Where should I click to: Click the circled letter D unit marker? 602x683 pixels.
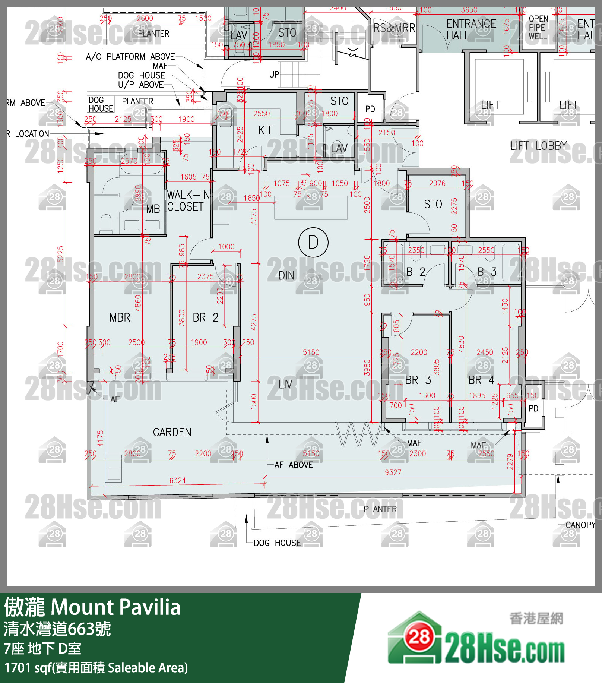(313, 242)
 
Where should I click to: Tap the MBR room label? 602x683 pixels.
(120, 317)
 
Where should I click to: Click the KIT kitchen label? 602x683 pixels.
(265, 130)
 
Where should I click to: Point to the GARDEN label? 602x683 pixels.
(172, 432)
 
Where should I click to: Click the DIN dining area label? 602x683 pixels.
(286, 275)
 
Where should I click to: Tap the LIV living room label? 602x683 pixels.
(285, 384)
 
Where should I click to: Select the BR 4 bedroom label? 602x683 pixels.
(481, 380)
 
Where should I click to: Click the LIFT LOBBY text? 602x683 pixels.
(538, 146)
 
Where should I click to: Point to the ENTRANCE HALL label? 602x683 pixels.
(470, 29)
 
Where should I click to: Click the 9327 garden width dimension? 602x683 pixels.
(393, 472)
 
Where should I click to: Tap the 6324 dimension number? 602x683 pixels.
(177, 480)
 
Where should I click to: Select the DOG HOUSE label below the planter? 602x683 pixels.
(277, 543)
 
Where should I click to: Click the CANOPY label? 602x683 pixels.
(579, 525)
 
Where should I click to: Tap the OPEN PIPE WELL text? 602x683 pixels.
(538, 28)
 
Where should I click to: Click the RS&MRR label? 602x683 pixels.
(394, 28)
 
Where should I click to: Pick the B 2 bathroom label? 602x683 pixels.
(415, 272)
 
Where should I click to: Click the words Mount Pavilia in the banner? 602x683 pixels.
(115, 607)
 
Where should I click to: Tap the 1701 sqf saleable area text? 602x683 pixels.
(96, 668)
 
